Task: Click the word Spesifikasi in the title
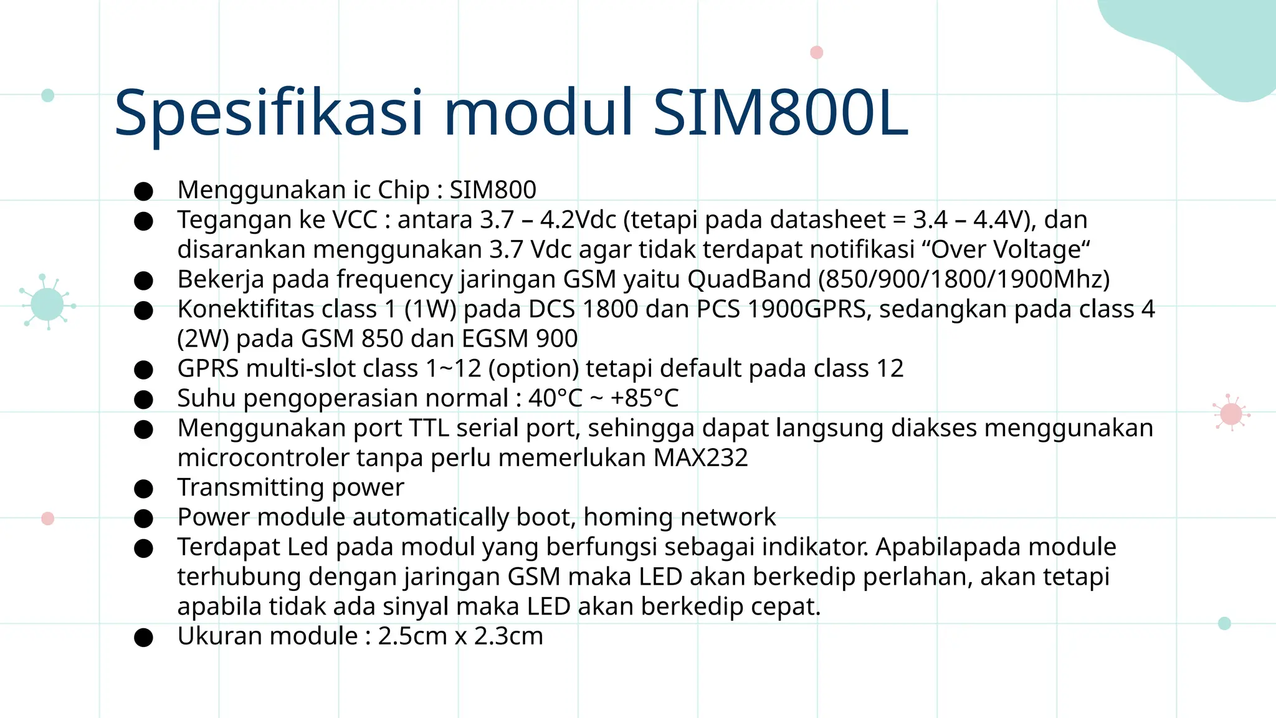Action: (269, 113)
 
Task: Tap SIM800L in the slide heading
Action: (780, 113)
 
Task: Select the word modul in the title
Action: (538, 113)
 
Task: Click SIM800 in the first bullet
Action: (493, 190)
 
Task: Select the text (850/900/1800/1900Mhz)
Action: (964, 279)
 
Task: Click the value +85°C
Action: (644, 398)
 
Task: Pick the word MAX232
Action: (700, 458)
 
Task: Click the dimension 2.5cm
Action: (412, 636)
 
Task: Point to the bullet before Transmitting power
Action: (143, 489)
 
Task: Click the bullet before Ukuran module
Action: (143, 637)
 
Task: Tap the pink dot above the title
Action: (816, 52)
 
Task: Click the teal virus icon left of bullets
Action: (47, 305)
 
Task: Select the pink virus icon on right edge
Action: (1231, 413)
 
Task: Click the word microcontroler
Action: (263, 458)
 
